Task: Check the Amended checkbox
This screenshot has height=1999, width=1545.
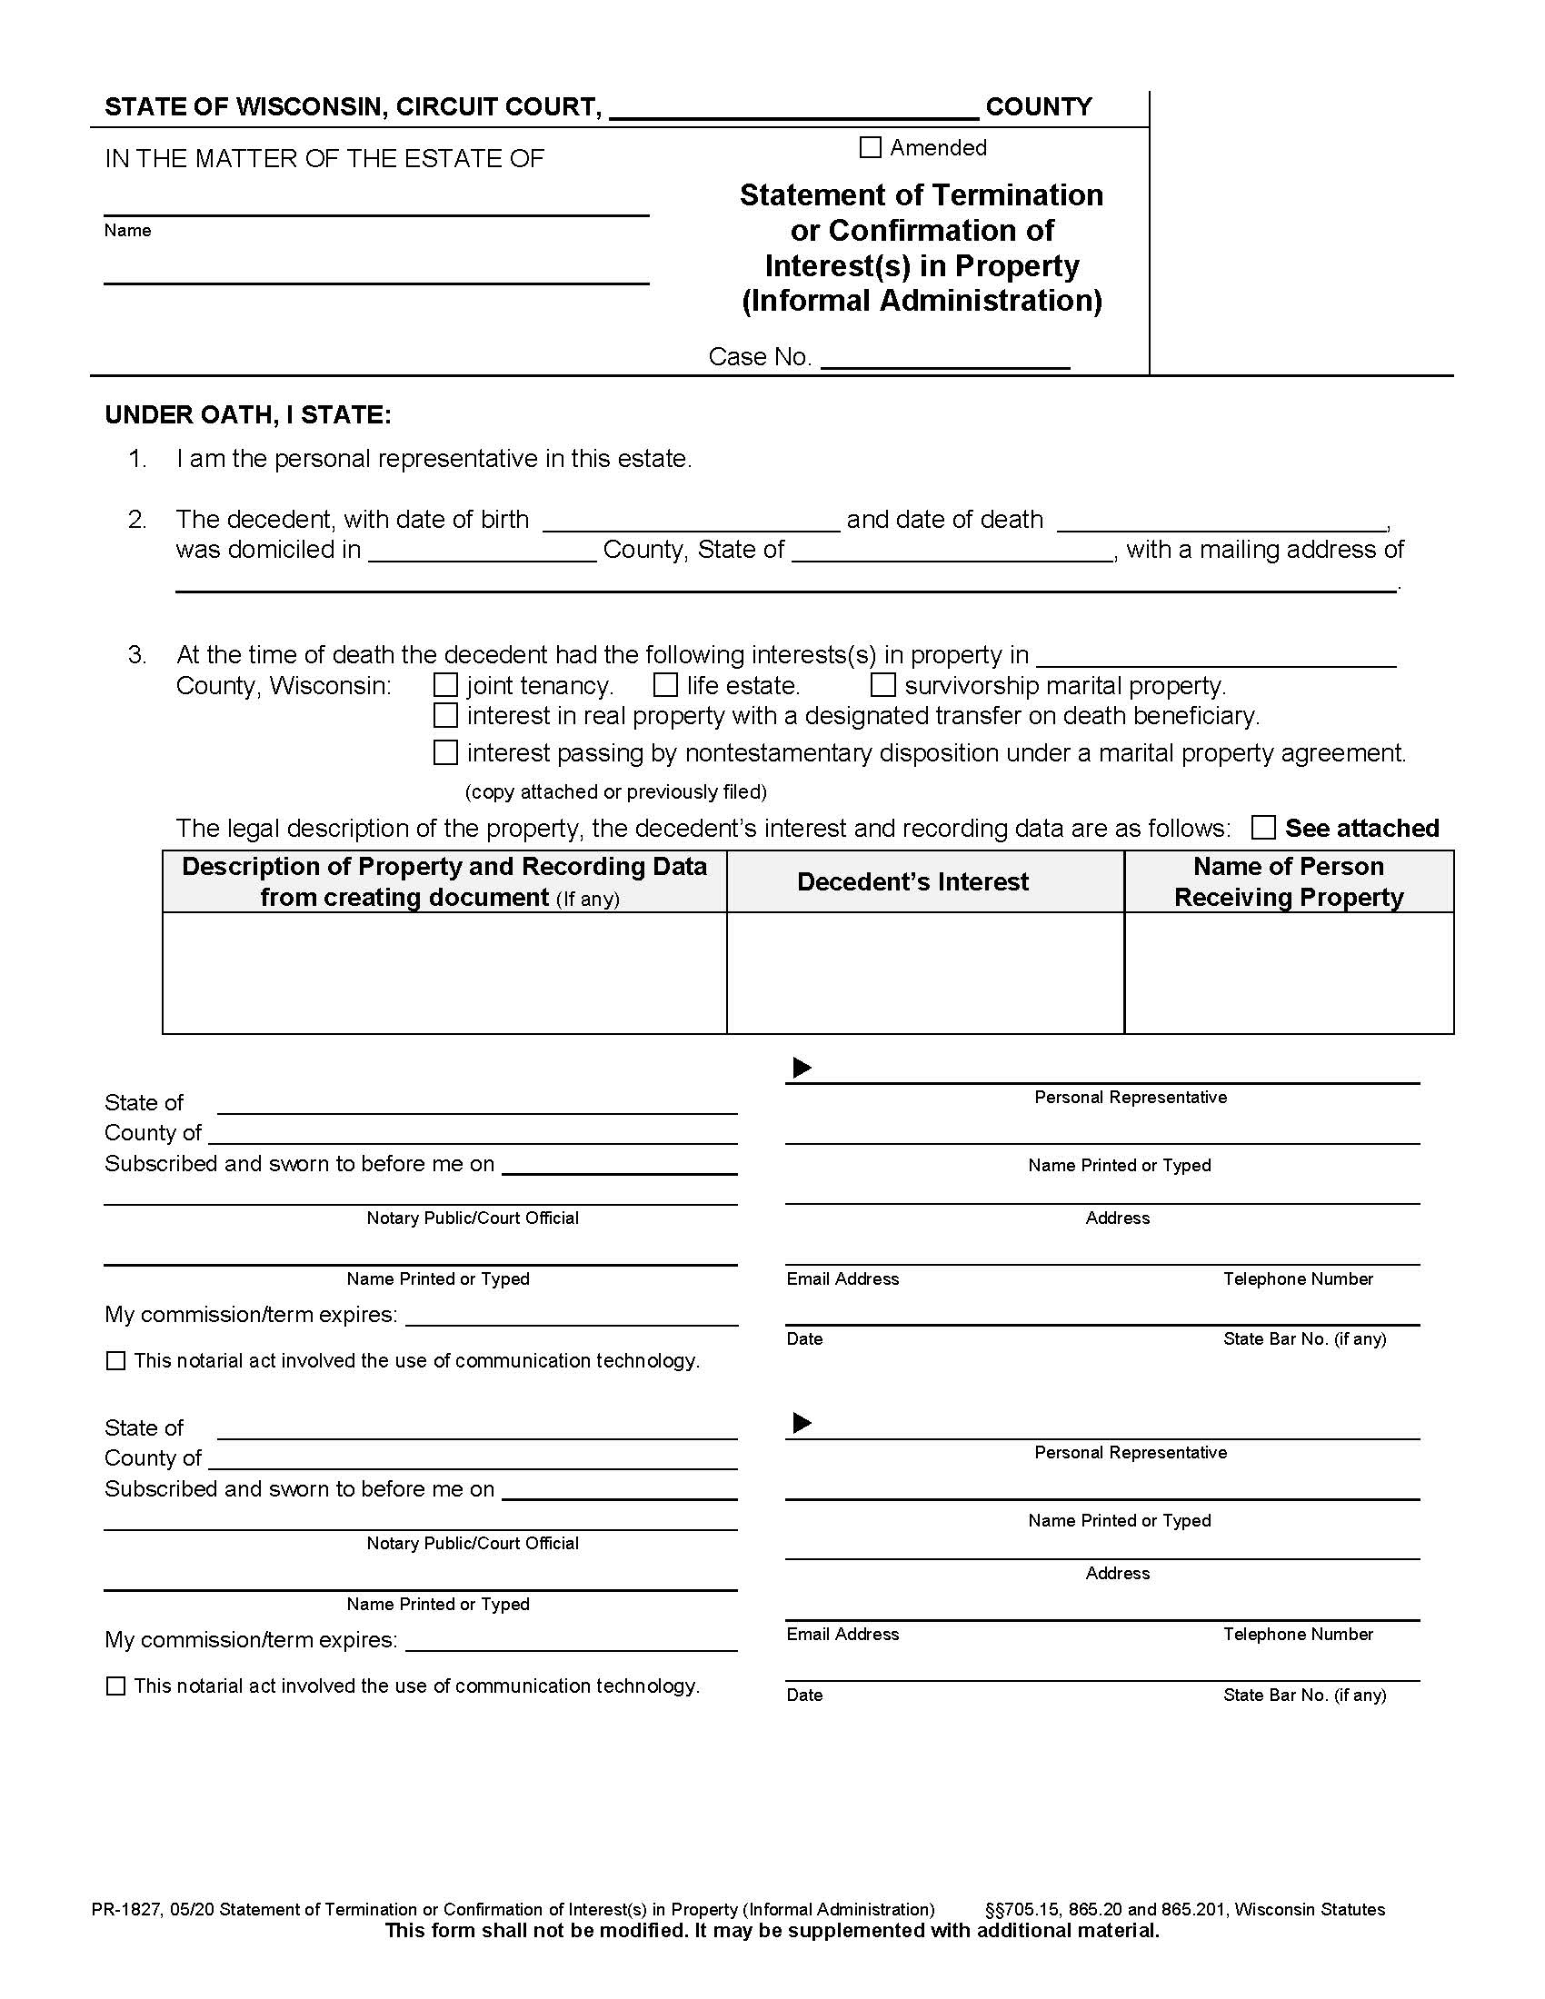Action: pyautogui.click(x=871, y=147)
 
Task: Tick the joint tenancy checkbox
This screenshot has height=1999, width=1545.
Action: pyautogui.click(x=444, y=684)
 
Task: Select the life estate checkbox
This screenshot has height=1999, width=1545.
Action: pyautogui.click(x=665, y=684)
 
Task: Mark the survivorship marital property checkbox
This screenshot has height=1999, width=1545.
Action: pyautogui.click(x=882, y=684)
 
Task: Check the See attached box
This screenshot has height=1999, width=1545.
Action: pyautogui.click(x=1263, y=828)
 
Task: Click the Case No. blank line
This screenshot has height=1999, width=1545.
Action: pyautogui.click(x=944, y=358)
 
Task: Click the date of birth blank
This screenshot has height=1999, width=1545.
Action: pyautogui.click(x=691, y=521)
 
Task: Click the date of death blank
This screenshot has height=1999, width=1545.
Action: pyautogui.click(x=1221, y=521)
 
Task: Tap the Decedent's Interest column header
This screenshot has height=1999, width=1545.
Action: pyautogui.click(x=912, y=881)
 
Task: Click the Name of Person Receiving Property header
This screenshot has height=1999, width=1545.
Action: pyautogui.click(x=1288, y=881)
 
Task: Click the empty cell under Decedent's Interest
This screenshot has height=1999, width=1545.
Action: pyautogui.click(x=924, y=973)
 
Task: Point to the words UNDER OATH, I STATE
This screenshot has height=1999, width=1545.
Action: pyautogui.click(x=248, y=414)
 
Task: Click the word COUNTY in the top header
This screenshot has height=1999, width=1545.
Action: pyautogui.click(x=1038, y=107)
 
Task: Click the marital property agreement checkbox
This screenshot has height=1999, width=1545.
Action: pyautogui.click(x=444, y=752)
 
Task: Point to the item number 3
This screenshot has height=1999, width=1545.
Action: pyautogui.click(x=137, y=655)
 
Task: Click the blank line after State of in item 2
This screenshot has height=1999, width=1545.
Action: pyautogui.click(x=952, y=551)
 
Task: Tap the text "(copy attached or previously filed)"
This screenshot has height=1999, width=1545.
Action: pyautogui.click(x=615, y=791)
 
